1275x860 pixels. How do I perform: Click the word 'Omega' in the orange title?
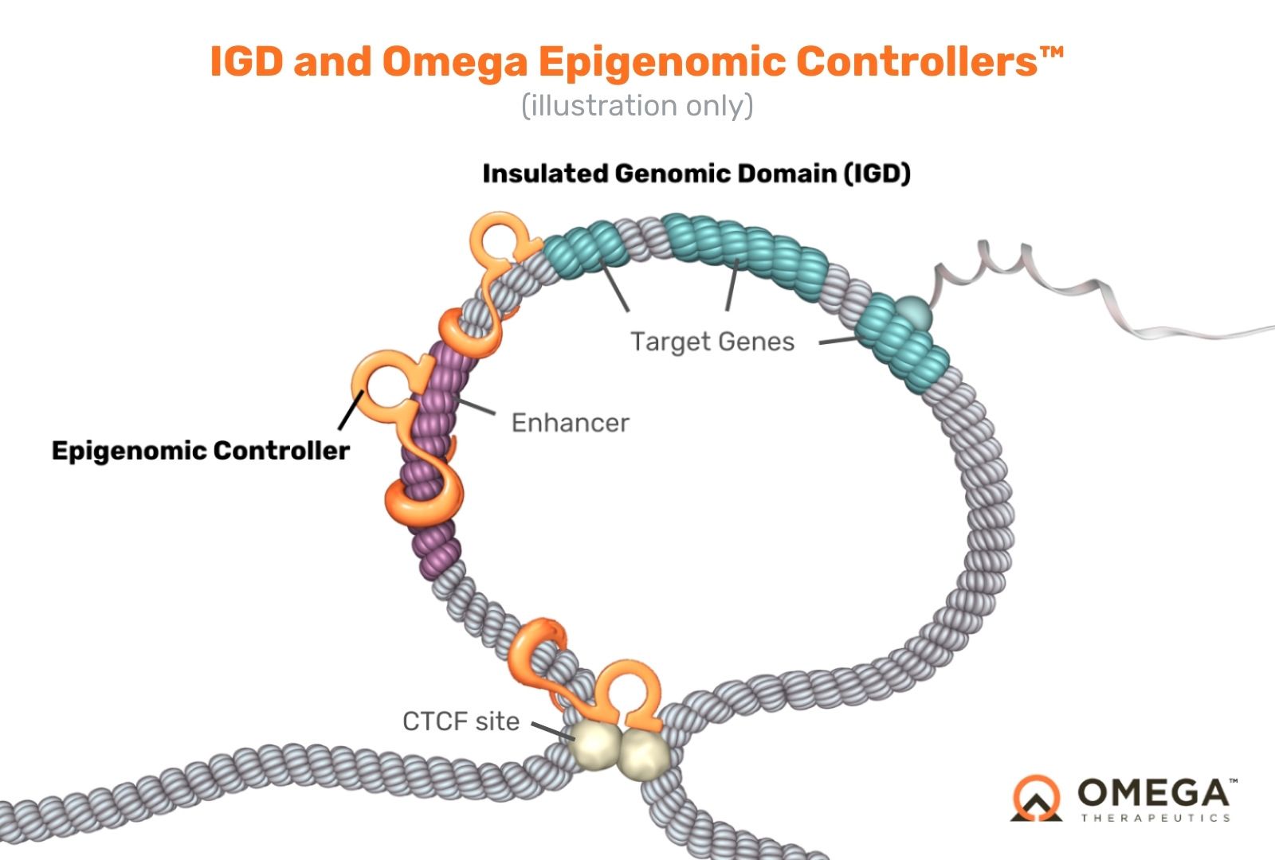tap(454, 62)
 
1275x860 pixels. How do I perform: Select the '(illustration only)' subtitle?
tap(637, 105)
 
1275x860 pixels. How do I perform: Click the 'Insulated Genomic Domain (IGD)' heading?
tap(696, 174)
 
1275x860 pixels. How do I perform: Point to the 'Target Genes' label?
tap(712, 342)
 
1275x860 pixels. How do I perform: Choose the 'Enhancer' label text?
tap(570, 423)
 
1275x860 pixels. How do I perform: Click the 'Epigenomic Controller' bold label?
tap(200, 451)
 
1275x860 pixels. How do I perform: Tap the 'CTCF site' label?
tap(461, 721)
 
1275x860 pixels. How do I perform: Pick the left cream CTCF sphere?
tap(594, 746)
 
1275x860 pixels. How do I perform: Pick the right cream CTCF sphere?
tap(644, 753)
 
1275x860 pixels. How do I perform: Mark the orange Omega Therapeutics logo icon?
tap(1036, 798)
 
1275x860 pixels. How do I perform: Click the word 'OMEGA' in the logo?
tap(1153, 793)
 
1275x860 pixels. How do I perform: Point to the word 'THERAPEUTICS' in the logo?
tap(1155, 818)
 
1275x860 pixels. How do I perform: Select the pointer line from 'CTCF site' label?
tap(551, 731)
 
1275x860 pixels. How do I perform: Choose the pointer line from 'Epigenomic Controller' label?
tap(351, 409)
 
